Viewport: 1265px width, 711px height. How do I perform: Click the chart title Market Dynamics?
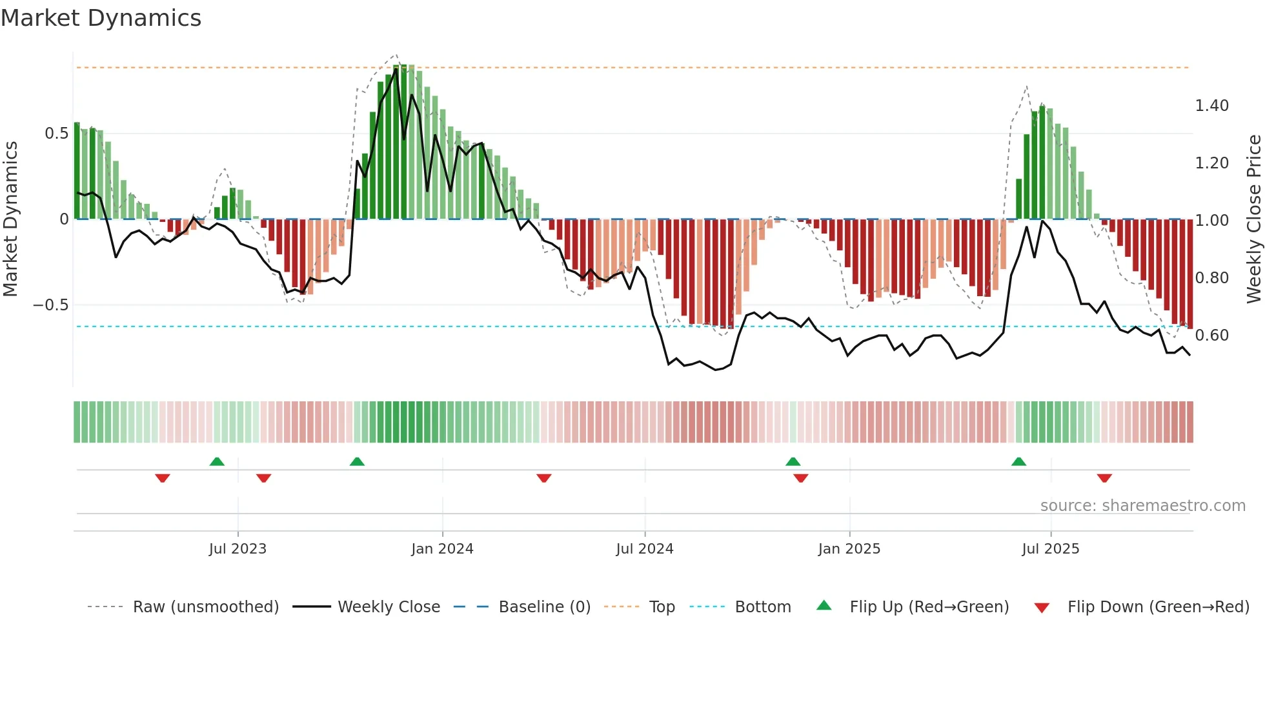tap(101, 18)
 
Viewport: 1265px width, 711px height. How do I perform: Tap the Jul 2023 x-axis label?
tap(238, 549)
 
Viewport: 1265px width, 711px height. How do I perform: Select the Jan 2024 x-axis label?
tap(442, 549)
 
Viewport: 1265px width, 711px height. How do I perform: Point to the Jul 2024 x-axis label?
tap(644, 549)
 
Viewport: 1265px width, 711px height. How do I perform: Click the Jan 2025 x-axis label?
tap(849, 549)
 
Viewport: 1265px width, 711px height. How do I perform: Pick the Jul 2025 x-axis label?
tap(1050, 549)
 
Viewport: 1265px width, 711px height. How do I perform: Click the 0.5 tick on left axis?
tap(56, 134)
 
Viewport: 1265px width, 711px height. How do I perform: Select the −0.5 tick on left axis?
tap(51, 305)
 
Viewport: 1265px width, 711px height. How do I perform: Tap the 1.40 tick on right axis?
tap(1211, 106)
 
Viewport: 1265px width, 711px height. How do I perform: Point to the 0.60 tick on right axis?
tap(1211, 335)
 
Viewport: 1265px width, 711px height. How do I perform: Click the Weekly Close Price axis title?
tap(1253, 219)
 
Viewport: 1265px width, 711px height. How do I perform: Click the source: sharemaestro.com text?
tap(1142, 506)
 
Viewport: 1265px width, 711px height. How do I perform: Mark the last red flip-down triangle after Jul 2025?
tap(1104, 478)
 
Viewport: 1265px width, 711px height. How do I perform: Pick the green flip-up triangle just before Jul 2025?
tap(1018, 462)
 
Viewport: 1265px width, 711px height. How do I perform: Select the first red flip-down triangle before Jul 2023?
tap(163, 478)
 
